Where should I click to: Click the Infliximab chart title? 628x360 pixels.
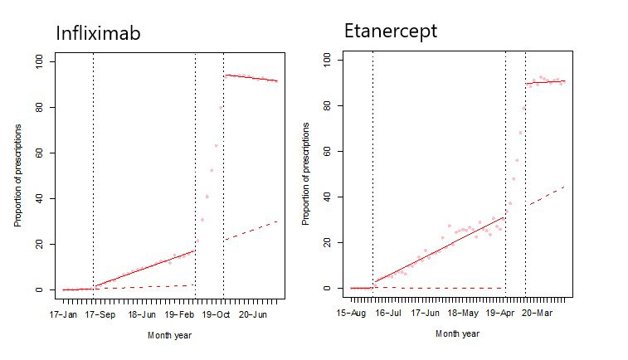97,34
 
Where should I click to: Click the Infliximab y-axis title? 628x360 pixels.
17,175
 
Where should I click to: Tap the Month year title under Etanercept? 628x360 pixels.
457,333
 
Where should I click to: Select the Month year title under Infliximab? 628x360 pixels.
171,335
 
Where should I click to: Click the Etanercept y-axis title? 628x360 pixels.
305,173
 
